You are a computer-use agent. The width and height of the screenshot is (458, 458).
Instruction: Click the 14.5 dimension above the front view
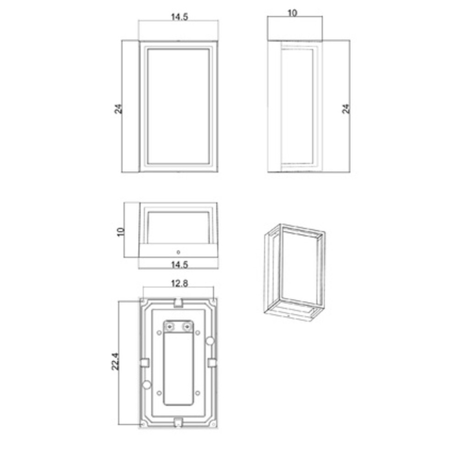click(x=179, y=17)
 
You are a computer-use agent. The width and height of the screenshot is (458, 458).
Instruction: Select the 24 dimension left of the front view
click(x=118, y=109)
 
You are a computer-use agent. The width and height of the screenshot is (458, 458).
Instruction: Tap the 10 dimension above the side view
click(x=292, y=13)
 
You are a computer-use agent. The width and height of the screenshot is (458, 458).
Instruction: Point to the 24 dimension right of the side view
click(x=346, y=109)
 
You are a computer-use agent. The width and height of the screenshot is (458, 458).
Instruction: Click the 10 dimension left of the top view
click(x=120, y=232)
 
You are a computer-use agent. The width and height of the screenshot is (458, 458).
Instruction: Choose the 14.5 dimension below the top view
click(x=179, y=265)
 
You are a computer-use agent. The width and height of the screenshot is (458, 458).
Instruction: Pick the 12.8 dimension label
click(x=180, y=284)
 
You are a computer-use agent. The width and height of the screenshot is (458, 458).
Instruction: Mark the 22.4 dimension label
click(x=115, y=362)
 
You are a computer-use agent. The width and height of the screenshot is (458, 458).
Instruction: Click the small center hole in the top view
click(x=179, y=252)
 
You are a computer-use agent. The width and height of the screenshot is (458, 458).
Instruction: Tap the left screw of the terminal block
click(x=169, y=327)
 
